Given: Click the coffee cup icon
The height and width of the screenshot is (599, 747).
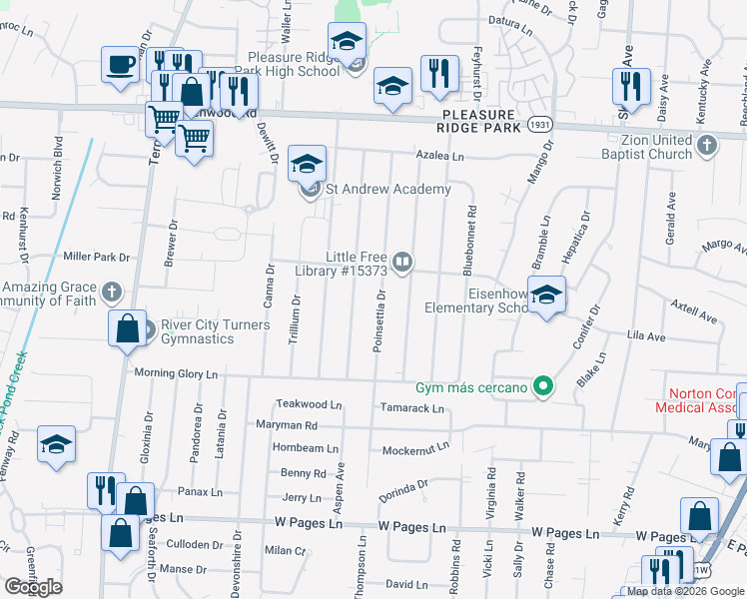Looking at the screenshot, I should [x=120, y=66].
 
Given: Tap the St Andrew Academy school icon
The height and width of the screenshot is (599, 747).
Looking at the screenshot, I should [x=308, y=163].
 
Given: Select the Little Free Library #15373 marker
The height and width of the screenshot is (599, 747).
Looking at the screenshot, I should [x=401, y=262].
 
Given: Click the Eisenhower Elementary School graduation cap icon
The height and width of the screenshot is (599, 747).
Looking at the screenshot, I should [x=546, y=295].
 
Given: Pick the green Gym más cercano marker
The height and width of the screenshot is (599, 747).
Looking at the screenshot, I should [x=543, y=385].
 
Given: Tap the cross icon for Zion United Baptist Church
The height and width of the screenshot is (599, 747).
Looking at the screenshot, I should [x=707, y=146].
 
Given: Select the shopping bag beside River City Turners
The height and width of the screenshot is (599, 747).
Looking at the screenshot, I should [x=127, y=328].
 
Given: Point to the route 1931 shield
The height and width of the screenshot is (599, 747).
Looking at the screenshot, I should [x=540, y=126].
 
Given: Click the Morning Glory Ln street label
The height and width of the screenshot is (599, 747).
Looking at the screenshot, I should [x=177, y=373].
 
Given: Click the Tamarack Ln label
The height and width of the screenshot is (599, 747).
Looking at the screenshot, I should [x=411, y=408].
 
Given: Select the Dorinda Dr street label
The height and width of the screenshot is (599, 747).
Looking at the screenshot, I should [x=402, y=490].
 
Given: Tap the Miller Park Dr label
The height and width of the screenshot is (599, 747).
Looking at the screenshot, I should [x=96, y=257].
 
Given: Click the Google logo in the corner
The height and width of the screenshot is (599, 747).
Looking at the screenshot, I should [x=33, y=587].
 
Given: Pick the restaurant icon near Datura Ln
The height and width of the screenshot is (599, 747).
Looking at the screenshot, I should [x=439, y=74].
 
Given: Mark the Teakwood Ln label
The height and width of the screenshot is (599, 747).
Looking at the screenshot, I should [x=310, y=405].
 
